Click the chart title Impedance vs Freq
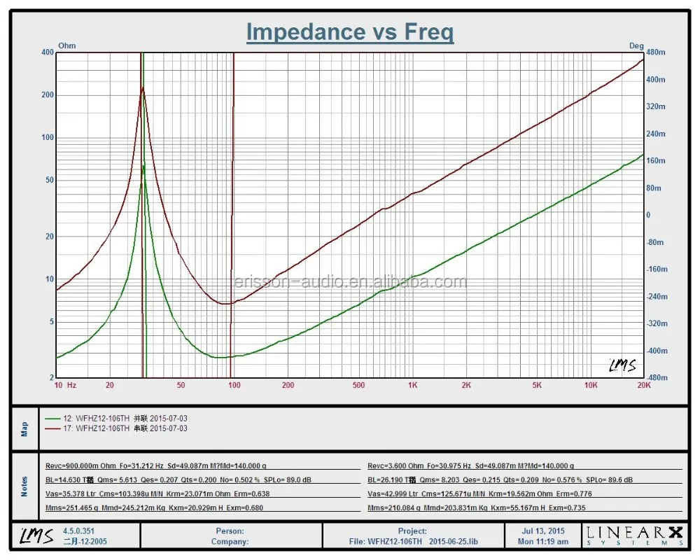click(349, 32)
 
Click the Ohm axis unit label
click(66, 46)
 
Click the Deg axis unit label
click(636, 46)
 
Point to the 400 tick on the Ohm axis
click(47, 52)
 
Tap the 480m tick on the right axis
click(657, 52)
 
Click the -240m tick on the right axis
click(656, 297)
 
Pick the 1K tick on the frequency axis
click(412, 385)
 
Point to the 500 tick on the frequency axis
click(358, 385)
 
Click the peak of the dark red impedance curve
click(143, 88)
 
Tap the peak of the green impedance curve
click(143, 166)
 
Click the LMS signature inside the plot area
click(622, 365)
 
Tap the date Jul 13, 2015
click(543, 531)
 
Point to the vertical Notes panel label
click(24, 486)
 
